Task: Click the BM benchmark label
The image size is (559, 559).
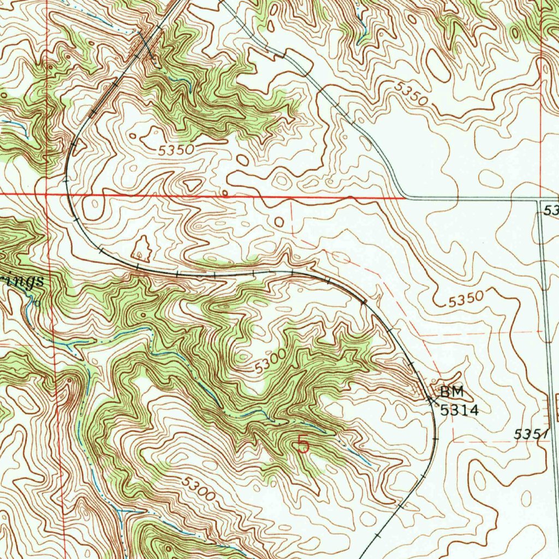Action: coord(452,391)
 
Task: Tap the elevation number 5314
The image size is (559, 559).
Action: coord(460,410)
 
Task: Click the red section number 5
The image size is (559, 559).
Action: coord(303,445)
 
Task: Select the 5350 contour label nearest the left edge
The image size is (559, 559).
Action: coord(176,149)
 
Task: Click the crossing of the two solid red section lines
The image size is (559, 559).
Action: coord(47,194)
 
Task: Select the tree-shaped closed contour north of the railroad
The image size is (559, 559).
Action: coord(141,248)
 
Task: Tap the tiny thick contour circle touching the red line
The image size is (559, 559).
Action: coord(224,193)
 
